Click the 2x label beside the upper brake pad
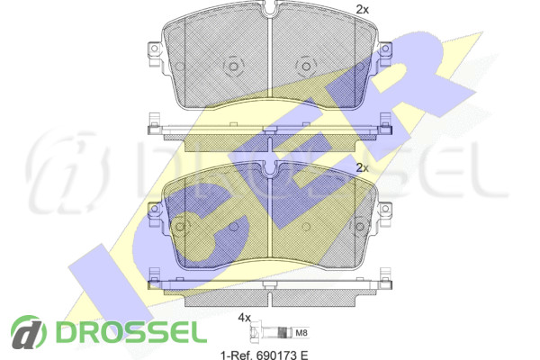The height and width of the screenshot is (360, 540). pos(363,10)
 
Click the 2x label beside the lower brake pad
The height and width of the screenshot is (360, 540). pos(363,168)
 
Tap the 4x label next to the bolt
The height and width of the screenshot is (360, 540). pos(245,318)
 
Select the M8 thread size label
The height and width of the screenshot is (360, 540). pos(301,333)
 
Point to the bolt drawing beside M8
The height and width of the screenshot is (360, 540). pos(271,333)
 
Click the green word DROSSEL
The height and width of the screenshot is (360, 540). pos(131,332)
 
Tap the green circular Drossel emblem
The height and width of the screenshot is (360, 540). pos(29,332)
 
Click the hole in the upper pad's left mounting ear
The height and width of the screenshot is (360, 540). pos(154,48)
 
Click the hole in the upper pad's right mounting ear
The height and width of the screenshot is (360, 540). pos(385,48)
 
